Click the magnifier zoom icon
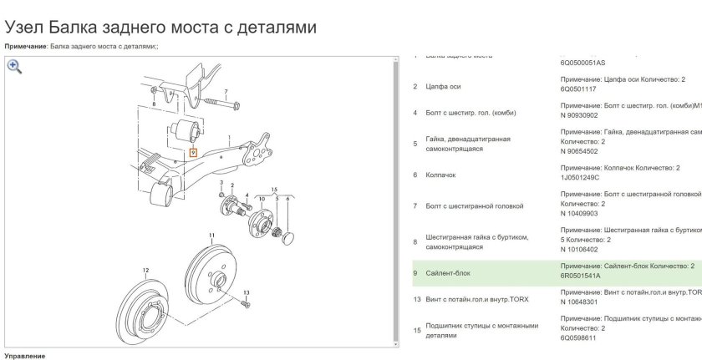[14, 68]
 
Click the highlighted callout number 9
[193, 153]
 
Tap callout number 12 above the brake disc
[145, 270]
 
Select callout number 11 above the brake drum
[212, 235]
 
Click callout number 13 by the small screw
[246, 292]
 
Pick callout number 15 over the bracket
[273, 190]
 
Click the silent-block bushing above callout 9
[186, 131]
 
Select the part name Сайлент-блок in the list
[448, 273]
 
